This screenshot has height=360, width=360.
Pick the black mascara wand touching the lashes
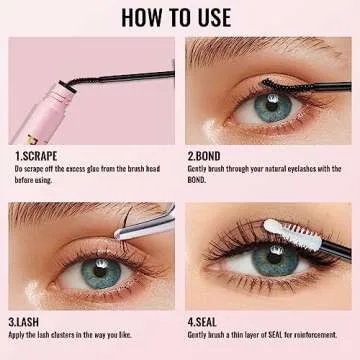point(290,85)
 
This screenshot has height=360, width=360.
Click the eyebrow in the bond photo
point(250,52)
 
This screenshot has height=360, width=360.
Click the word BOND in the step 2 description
point(200,181)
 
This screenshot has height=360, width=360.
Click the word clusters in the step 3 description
point(76,337)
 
